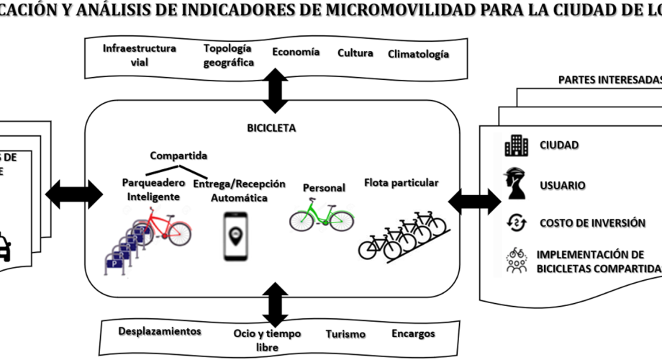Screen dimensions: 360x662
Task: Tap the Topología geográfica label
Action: (228, 55)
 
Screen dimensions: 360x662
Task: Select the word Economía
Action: (296, 52)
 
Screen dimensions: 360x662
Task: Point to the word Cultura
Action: (355, 53)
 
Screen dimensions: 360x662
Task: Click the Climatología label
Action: (418, 53)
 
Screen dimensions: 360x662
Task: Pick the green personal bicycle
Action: (322, 217)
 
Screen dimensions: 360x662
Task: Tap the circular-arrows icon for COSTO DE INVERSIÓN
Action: (516, 222)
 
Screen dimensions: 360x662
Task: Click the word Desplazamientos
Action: (160, 331)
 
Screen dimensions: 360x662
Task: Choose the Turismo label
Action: (345, 334)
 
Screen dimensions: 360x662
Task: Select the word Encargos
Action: (413, 333)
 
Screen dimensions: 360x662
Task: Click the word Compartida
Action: (178, 156)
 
